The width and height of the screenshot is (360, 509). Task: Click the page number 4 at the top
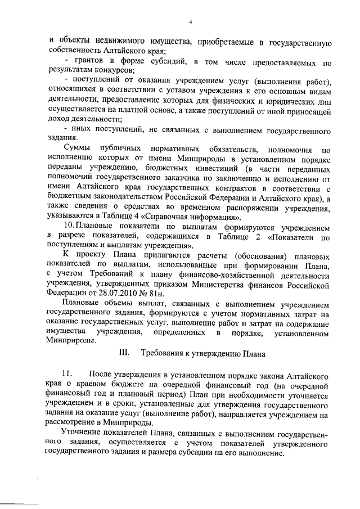[x=191, y=22]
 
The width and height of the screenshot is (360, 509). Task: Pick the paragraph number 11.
[x=67, y=373]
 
